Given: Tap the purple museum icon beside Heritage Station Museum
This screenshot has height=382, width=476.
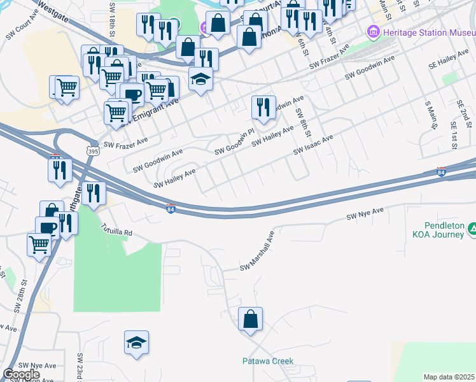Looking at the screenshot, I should point(373,31).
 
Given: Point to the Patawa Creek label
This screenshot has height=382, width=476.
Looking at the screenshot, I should point(268,361).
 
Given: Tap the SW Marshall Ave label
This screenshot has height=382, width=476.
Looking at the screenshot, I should point(256,251).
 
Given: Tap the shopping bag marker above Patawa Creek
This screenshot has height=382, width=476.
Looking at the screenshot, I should point(250,318).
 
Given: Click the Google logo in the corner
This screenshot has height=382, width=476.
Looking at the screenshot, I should point(21,374).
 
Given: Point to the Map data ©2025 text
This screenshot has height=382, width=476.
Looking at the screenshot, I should point(449,377).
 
